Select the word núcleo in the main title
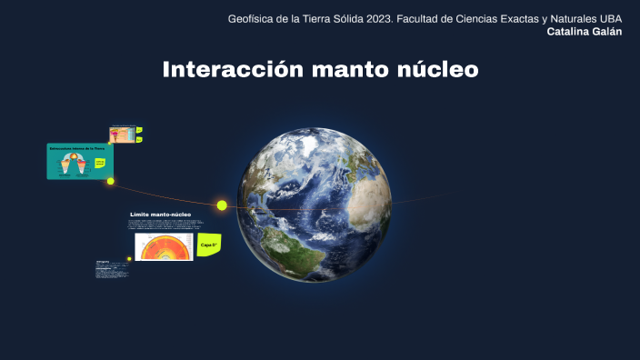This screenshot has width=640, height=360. (438, 70)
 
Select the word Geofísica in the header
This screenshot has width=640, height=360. (253, 18)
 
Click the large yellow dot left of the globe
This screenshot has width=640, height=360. (222, 205)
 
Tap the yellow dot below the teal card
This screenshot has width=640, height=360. (111, 181)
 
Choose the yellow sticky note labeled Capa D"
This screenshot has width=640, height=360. (210, 245)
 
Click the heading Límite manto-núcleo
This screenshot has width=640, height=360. (160, 215)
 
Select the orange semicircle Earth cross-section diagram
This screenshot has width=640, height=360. (165, 247)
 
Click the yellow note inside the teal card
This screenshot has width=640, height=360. (100, 162)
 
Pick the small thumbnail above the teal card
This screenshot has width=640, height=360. (122, 135)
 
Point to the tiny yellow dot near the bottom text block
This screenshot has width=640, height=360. (129, 259)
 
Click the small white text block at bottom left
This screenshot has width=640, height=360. (109, 270)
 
